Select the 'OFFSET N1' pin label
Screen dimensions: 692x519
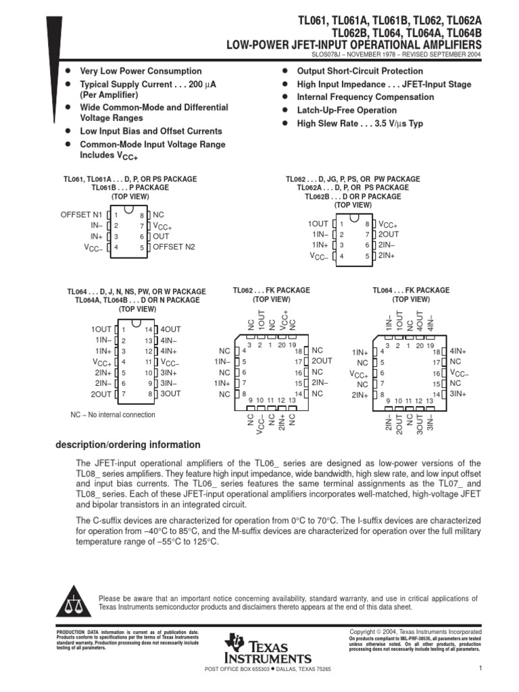(x=82, y=214)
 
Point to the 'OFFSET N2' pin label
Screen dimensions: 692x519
(x=174, y=247)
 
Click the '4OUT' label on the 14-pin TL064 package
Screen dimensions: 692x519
(x=171, y=329)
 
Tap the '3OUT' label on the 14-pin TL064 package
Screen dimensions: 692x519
(x=171, y=394)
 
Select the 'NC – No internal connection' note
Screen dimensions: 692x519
(x=113, y=415)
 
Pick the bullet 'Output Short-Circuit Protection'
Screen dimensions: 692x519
(x=360, y=71)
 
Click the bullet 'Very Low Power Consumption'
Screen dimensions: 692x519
(x=141, y=71)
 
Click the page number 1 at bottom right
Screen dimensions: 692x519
(x=478, y=669)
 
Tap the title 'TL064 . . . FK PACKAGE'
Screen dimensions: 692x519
(x=411, y=290)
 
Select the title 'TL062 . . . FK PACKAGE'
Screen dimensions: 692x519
(x=272, y=290)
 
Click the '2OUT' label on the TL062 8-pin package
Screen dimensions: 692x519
(x=389, y=234)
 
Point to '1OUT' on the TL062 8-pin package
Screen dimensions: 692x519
(x=318, y=224)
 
